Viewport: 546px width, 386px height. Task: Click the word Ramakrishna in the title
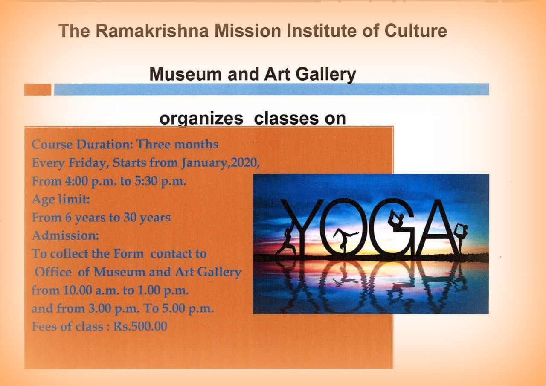point(152,31)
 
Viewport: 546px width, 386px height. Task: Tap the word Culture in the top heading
point(415,31)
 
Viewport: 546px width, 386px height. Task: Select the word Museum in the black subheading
point(186,74)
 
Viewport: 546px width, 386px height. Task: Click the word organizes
point(201,119)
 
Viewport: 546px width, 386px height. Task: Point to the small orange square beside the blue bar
point(38,90)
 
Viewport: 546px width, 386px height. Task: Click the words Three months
point(177,144)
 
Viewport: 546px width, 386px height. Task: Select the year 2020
point(244,163)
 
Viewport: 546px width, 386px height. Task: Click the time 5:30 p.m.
point(160,181)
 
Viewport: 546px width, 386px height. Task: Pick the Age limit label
point(61,199)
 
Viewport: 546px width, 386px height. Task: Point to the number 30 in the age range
point(130,218)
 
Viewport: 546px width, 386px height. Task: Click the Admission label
point(65,235)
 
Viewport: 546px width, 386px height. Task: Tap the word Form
point(129,254)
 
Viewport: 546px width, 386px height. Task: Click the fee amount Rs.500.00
point(140,326)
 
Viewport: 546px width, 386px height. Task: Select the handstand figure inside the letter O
point(344,240)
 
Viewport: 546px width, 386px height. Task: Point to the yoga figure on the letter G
point(397,220)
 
